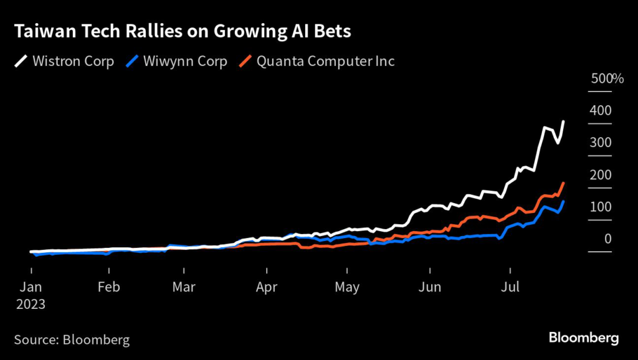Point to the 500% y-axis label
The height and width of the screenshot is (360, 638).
[607, 79]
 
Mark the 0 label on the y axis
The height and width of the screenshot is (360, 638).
[607, 239]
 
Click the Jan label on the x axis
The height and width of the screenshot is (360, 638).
[32, 287]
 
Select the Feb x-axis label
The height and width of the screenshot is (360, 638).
[109, 287]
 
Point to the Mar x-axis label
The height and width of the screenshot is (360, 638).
[184, 287]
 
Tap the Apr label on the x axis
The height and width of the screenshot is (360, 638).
[267, 287]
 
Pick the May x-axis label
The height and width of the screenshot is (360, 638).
[347, 287]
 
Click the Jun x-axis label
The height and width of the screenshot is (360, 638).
[430, 287]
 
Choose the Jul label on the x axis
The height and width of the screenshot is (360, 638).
[510, 287]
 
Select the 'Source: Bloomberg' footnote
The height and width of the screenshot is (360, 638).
[72, 339]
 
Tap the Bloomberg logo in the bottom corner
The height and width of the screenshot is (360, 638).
[584, 338]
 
